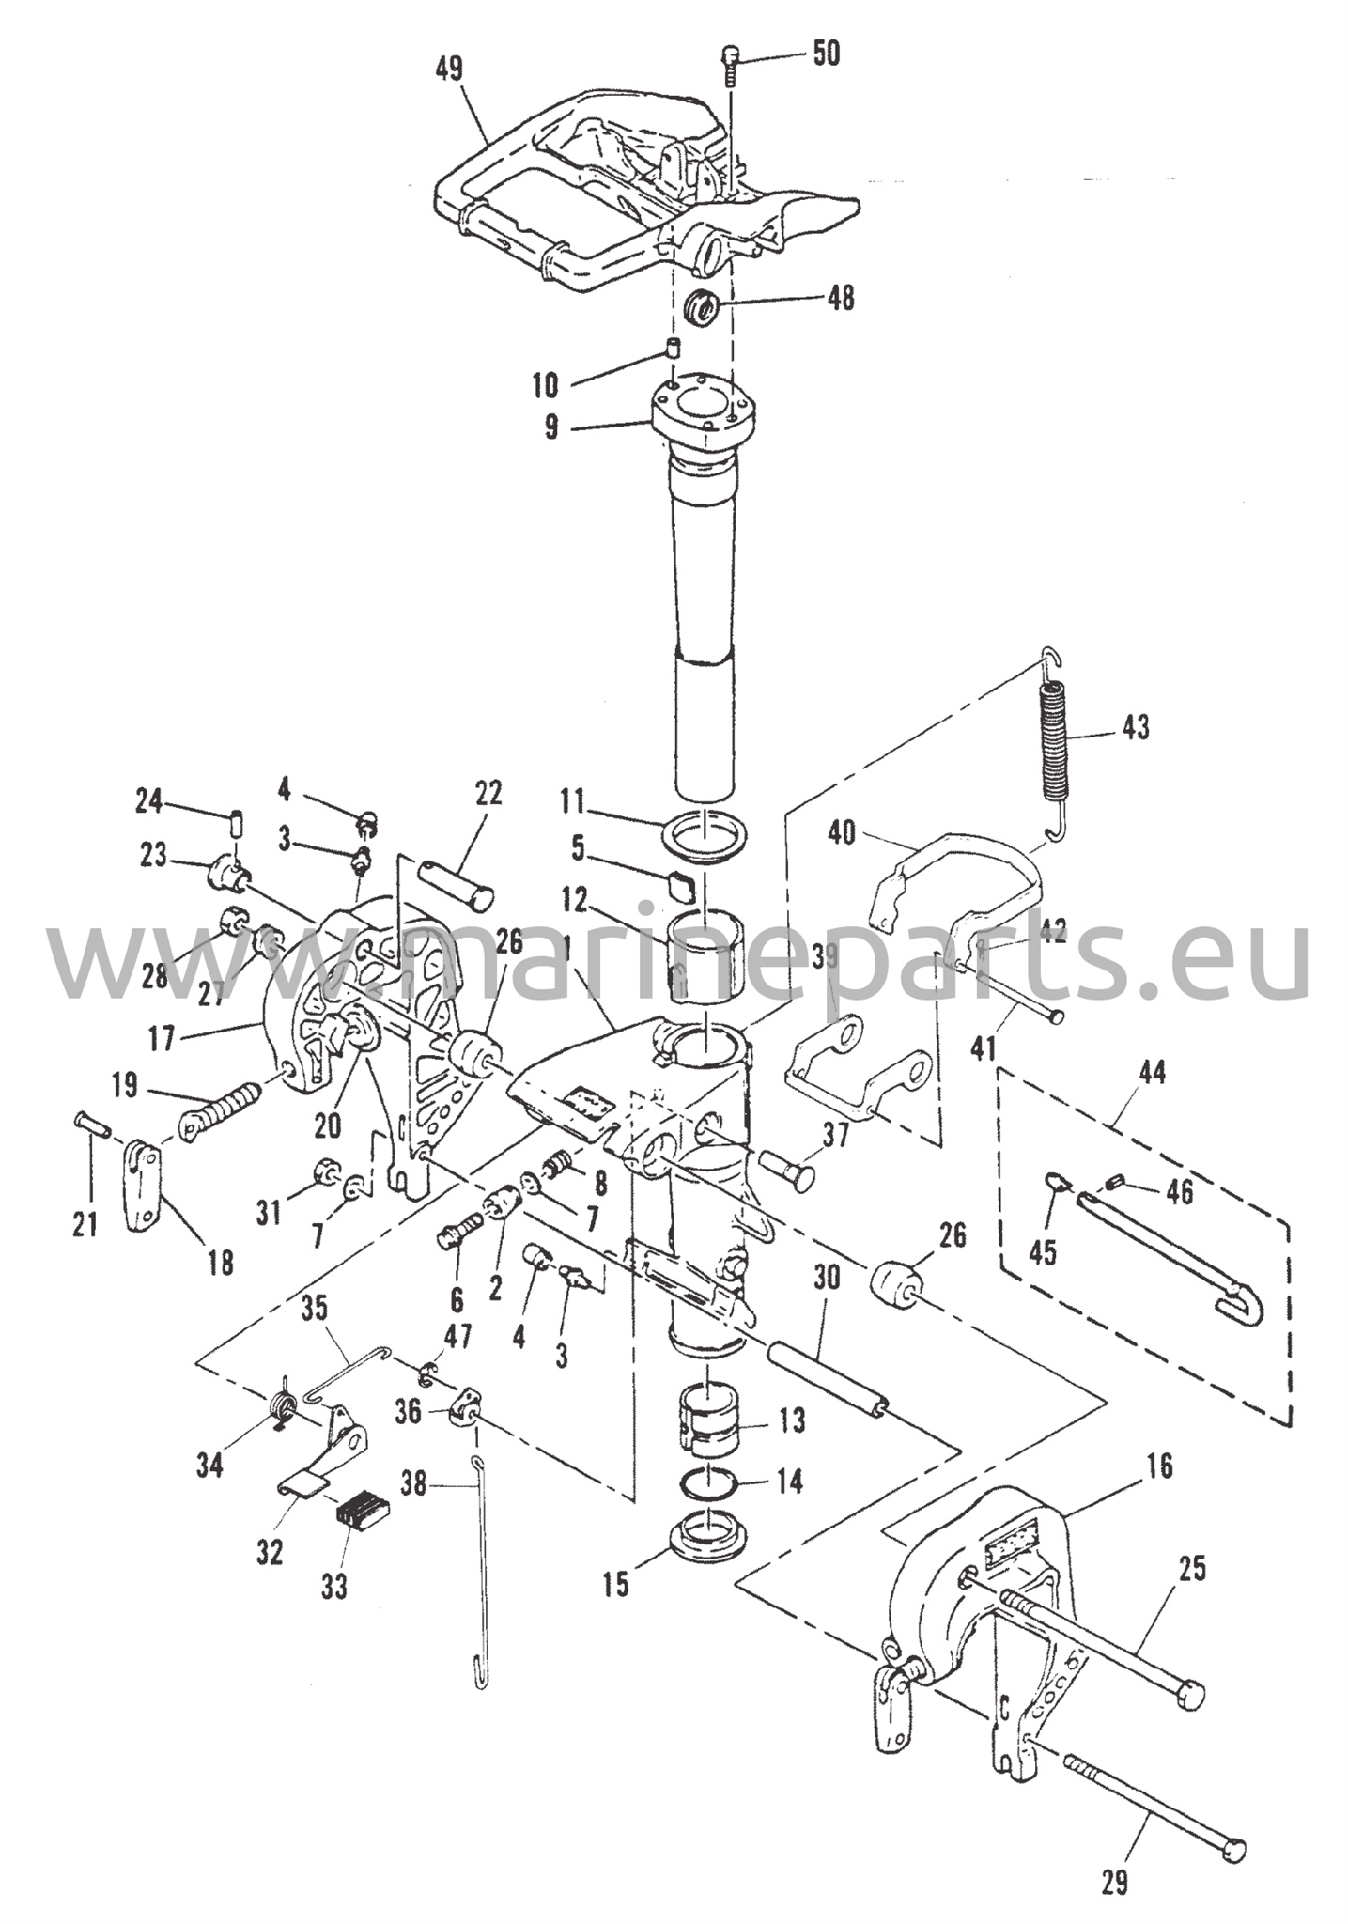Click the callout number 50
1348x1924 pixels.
pyautogui.click(x=826, y=54)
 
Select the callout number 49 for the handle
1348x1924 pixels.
pyautogui.click(x=450, y=70)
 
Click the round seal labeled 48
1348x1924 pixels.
pyautogui.click(x=702, y=308)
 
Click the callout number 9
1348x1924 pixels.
pyautogui.click(x=550, y=427)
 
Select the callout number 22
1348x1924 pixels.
pyautogui.click(x=488, y=793)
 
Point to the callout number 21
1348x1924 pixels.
pyautogui.click(x=85, y=1224)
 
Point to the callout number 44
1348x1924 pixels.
pyautogui.click(x=1152, y=1072)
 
